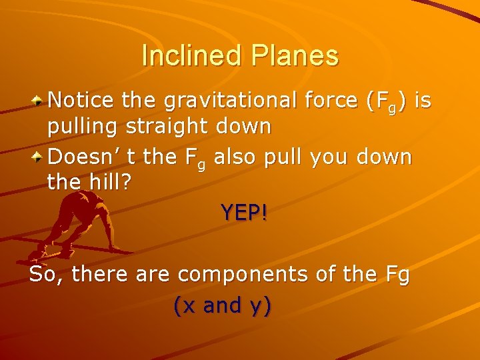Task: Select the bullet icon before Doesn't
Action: coord(40,158)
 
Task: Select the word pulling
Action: coord(83,127)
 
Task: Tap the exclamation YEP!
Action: coord(244,213)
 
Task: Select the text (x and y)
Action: coord(222,305)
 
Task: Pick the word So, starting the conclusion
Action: coord(46,275)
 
